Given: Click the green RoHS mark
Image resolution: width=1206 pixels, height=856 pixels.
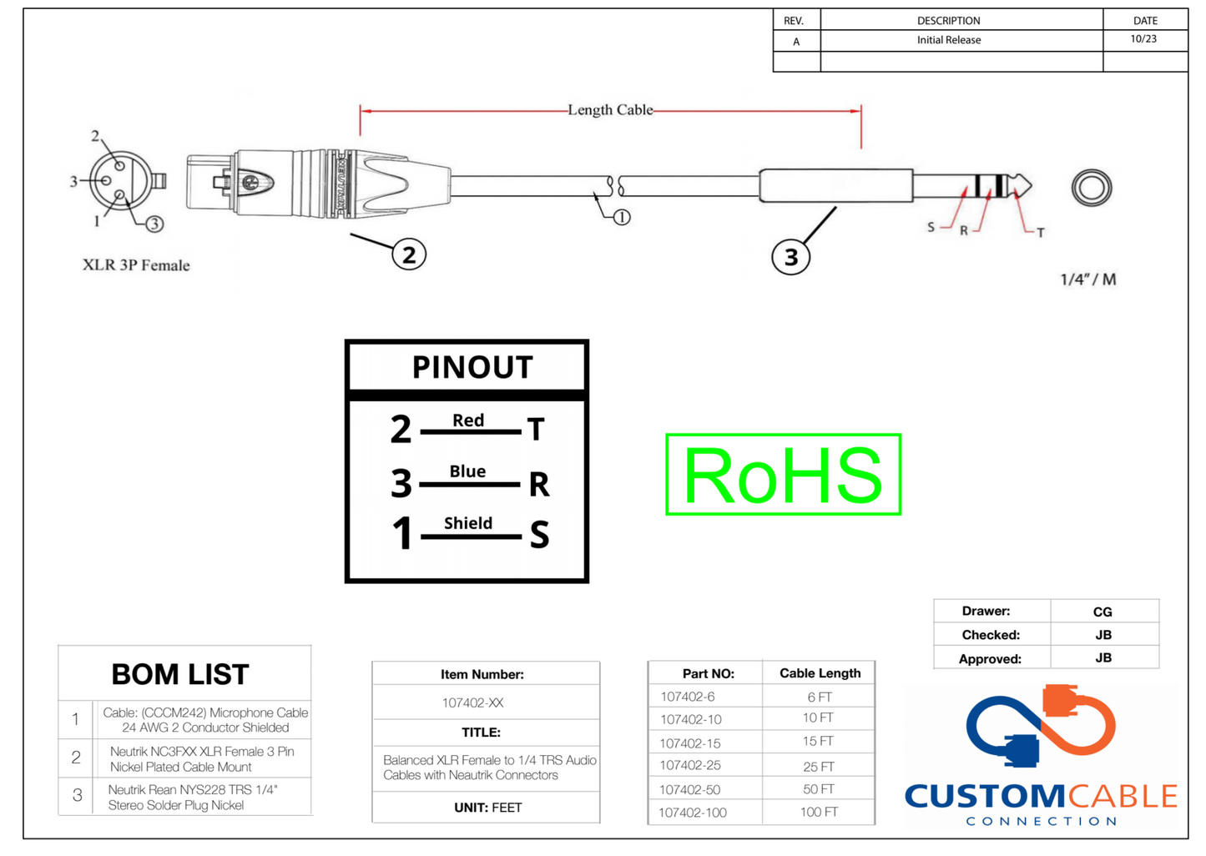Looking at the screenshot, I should point(783,474).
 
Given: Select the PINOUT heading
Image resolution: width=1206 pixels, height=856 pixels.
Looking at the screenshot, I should point(472,367).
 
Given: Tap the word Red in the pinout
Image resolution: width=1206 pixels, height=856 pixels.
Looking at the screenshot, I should point(467,420).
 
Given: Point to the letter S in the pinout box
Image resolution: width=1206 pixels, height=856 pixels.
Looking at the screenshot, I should point(539,535).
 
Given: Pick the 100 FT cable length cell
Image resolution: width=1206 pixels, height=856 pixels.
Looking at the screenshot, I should point(819,812).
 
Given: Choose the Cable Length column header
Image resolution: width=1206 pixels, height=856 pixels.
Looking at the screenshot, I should point(820,673).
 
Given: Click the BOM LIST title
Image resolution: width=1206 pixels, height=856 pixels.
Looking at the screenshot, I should point(180,674).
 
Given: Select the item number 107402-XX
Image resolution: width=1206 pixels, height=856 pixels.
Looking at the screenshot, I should point(472,702).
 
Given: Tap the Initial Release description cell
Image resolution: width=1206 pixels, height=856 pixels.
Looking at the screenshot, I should point(949,40).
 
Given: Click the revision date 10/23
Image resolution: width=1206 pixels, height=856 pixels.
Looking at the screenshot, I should point(1143,39).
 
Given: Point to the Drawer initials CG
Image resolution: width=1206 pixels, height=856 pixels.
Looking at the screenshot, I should point(1103,612).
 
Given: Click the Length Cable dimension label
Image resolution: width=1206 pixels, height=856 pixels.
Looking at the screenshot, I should point(610,110).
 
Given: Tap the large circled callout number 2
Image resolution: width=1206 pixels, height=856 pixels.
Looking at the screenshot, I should point(409,254).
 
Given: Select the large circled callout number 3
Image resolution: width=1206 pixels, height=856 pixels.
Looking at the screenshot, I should point(790,257).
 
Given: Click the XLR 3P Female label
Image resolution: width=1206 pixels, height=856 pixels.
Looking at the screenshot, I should point(136,265).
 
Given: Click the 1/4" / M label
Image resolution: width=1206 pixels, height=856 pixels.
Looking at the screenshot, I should point(1087,279).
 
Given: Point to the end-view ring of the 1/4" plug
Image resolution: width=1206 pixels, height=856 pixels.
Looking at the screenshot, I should point(1092,187).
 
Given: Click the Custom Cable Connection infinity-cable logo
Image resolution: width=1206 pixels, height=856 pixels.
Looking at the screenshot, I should point(1041,726).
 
